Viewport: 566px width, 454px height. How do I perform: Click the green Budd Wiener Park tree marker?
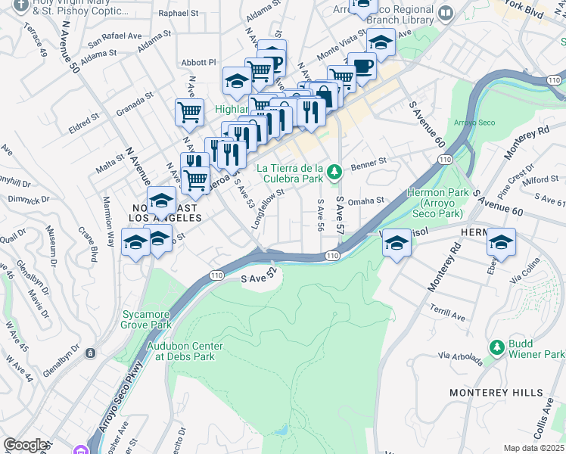click(x=497, y=347)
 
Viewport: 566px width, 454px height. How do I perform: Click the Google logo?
click(x=25, y=446)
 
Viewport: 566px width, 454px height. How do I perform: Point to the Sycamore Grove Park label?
click(x=147, y=319)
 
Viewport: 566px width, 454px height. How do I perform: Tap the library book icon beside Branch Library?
click(x=446, y=13)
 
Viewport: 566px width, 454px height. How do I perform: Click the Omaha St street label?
click(x=361, y=201)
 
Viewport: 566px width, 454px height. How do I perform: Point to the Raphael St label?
click(x=179, y=14)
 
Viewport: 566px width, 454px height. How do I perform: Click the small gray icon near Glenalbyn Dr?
click(x=90, y=353)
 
